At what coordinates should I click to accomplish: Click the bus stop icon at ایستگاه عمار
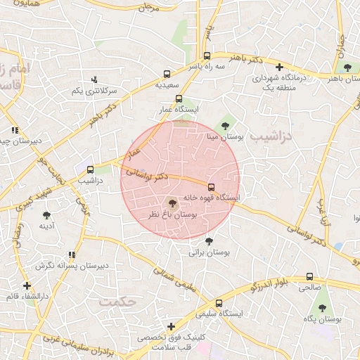(x=179, y=99)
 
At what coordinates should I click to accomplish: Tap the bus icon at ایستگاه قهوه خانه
(x=212, y=186)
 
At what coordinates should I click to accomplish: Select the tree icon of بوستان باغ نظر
(x=173, y=203)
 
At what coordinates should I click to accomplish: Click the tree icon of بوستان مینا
(x=225, y=127)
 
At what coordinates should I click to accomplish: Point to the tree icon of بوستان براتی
(x=208, y=241)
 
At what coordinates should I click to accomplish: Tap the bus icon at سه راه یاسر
(x=206, y=56)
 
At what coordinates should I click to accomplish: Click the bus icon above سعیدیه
(x=167, y=73)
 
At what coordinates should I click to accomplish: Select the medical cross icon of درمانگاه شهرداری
(x=279, y=67)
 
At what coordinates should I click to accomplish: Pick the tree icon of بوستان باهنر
(x=347, y=67)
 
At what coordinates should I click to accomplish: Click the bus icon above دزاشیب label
(x=90, y=169)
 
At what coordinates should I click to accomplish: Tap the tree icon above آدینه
(x=46, y=215)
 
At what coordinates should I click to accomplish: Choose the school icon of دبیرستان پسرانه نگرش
(x=71, y=255)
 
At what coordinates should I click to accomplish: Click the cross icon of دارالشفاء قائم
(x=27, y=285)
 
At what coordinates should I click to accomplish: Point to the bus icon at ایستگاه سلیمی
(x=219, y=303)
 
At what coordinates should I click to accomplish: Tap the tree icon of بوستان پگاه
(x=322, y=308)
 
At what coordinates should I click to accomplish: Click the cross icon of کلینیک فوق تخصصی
(x=171, y=327)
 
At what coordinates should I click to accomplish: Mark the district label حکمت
(x=116, y=300)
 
